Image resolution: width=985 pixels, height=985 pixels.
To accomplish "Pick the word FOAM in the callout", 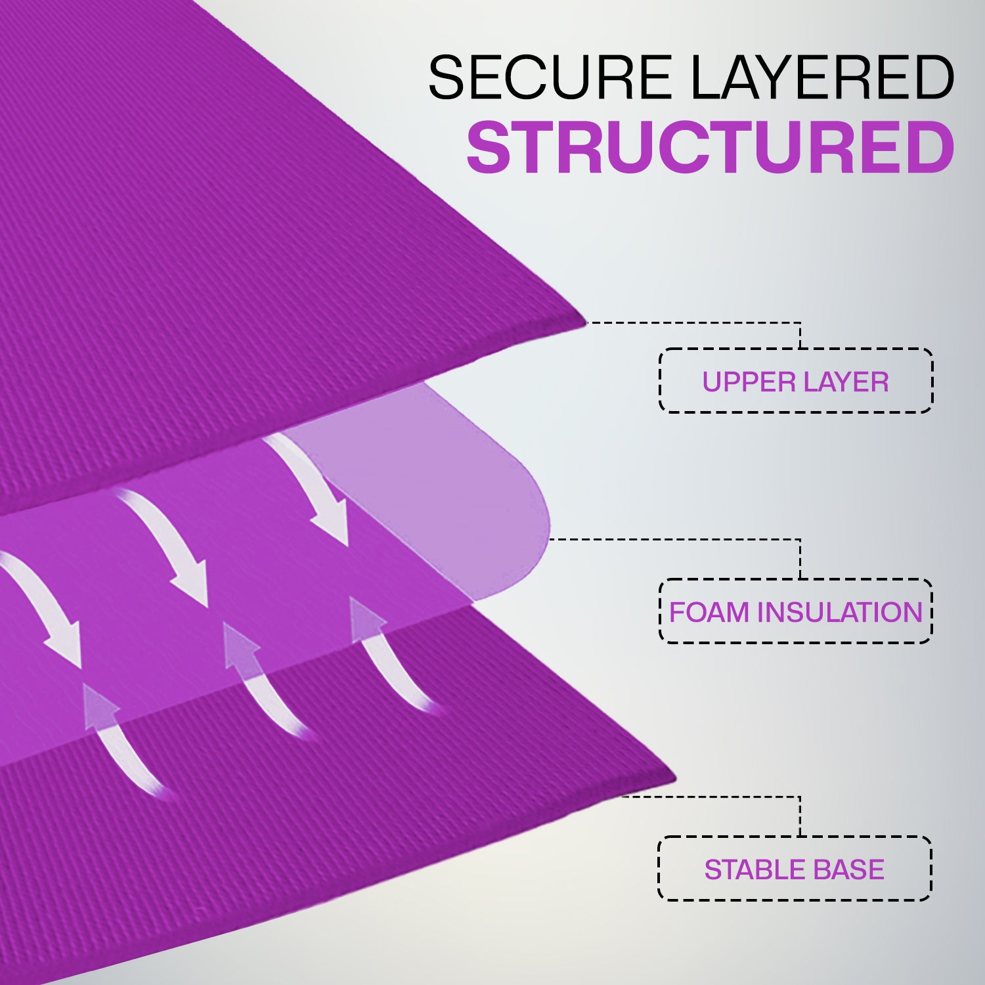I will [x=710, y=612].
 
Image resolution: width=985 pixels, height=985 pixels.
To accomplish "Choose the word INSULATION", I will [x=840, y=612].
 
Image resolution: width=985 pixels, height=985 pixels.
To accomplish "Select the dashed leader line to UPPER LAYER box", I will [x=696, y=323].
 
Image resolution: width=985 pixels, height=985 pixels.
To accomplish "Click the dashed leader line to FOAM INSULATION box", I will [x=676, y=539].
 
